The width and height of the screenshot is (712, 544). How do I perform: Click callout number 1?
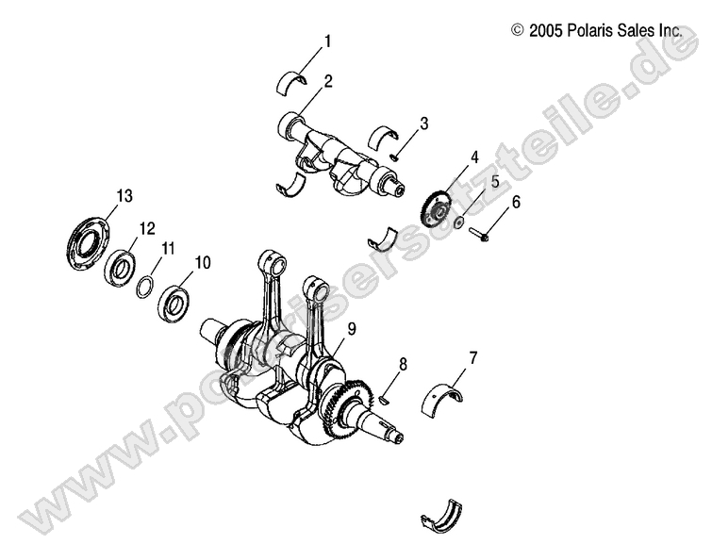(327, 41)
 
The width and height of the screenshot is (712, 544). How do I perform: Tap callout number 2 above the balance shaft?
(327, 81)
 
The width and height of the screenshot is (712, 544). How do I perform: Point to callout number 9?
(351, 328)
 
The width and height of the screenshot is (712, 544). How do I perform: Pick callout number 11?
(169, 249)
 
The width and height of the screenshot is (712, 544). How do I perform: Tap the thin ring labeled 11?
(147, 286)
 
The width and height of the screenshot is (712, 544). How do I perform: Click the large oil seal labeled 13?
(88, 243)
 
